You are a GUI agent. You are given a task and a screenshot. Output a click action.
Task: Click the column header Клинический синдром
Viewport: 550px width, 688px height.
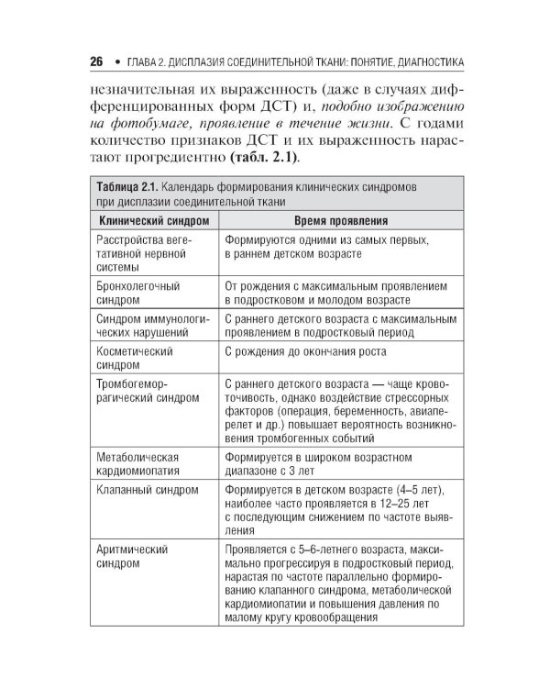click(153, 221)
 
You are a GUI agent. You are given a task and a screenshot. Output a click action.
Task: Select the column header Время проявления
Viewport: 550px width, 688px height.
click(340, 221)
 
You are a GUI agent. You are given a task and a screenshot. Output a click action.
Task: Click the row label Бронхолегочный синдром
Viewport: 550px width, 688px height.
click(137, 293)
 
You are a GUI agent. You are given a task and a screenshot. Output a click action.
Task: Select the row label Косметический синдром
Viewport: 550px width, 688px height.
click(135, 358)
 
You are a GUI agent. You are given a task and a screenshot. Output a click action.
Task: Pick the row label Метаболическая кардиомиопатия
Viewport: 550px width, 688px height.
click(137, 463)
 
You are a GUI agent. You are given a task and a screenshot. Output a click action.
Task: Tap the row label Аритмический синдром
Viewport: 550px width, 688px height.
click(132, 556)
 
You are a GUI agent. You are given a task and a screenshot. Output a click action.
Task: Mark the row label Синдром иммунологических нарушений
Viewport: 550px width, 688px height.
click(148, 326)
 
